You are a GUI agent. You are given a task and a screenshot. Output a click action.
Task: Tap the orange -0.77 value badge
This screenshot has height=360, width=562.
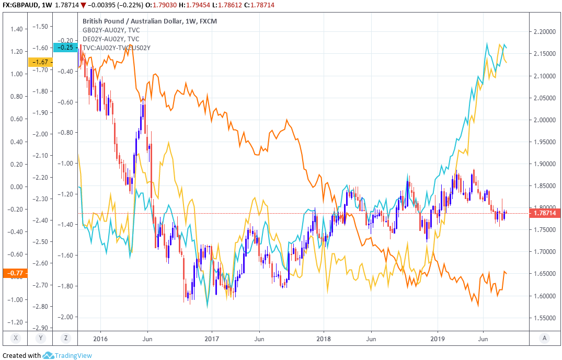14,272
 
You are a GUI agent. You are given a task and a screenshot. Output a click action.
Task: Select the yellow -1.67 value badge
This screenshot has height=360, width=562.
40,62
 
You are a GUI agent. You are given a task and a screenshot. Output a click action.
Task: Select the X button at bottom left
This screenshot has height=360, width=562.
16,338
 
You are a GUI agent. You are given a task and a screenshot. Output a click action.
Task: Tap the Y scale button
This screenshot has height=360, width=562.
41,338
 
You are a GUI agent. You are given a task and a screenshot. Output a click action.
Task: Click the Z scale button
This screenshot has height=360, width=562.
66,338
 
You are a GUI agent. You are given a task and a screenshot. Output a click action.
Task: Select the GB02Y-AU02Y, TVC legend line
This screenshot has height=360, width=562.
111,30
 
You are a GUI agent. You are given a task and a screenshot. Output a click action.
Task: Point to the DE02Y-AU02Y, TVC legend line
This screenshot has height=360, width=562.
111,39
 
